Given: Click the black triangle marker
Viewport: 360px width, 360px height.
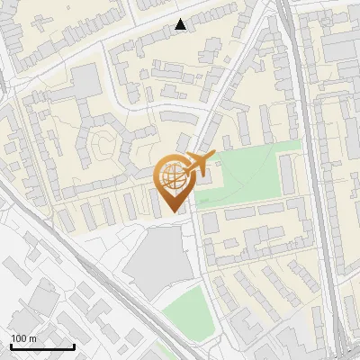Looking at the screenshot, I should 181,24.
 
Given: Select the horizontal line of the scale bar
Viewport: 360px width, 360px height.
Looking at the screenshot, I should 42,347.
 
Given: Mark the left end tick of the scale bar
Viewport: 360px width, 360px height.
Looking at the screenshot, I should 11,346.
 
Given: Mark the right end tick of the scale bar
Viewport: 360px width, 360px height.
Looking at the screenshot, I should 74,346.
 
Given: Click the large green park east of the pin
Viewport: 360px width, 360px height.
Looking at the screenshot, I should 247,171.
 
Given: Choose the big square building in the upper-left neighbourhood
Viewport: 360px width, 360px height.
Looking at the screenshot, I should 86,80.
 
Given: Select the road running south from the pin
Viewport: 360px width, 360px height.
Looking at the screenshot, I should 200,270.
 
